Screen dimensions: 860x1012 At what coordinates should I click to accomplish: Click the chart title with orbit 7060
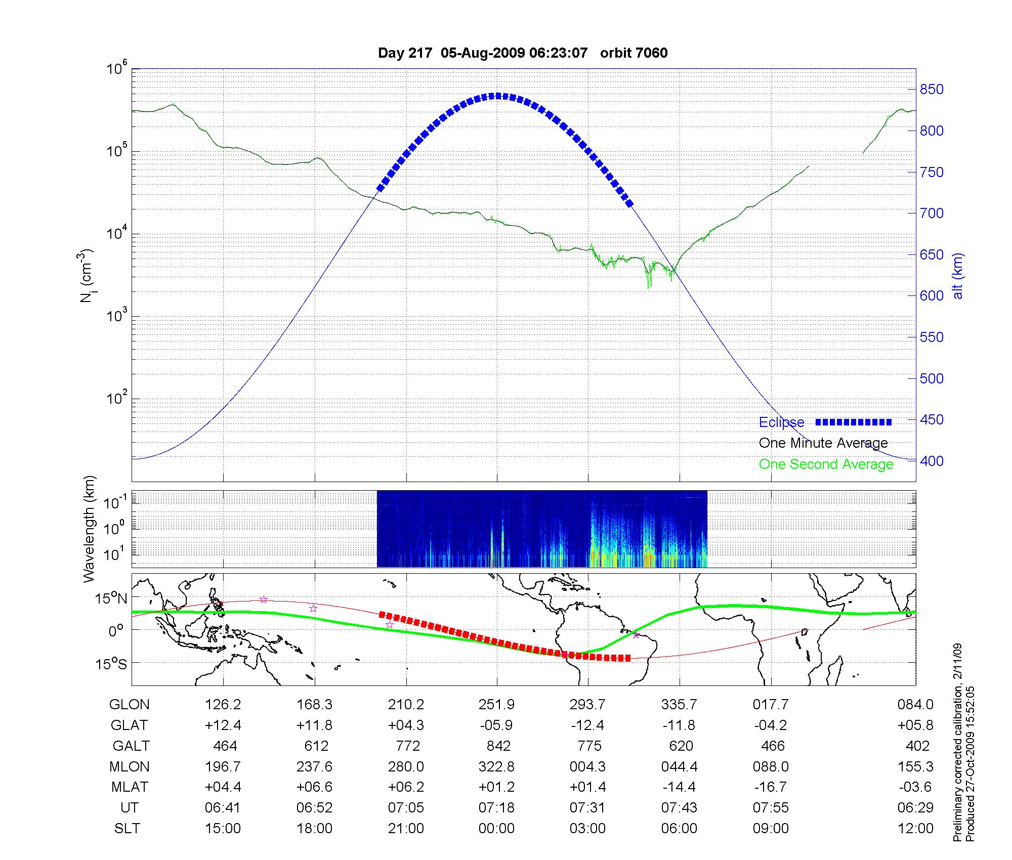point(523,53)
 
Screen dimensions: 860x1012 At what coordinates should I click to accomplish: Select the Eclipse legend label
point(781,422)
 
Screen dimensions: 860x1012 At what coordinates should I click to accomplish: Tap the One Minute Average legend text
point(823,443)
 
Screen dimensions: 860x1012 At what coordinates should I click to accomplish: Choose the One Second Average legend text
point(826,464)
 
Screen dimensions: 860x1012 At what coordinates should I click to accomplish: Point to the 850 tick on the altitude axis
point(932,90)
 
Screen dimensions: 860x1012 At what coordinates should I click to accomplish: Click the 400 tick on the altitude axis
point(932,461)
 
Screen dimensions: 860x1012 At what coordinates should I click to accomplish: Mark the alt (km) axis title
point(958,276)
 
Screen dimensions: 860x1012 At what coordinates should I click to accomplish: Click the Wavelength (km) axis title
point(89,529)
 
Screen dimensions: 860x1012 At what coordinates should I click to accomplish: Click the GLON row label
point(130,704)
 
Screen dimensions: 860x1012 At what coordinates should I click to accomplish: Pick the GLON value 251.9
point(496,704)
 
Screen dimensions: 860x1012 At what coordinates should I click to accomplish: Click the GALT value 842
point(498,746)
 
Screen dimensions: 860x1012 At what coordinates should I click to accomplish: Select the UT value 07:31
point(587,807)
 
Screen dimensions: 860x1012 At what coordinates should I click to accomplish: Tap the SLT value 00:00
point(496,828)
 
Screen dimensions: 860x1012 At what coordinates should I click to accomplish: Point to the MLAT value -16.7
point(770,787)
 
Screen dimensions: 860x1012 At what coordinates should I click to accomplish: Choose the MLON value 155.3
point(915,766)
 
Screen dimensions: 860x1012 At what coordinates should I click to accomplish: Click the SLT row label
point(127,828)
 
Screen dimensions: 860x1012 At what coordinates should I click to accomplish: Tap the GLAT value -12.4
point(587,725)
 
